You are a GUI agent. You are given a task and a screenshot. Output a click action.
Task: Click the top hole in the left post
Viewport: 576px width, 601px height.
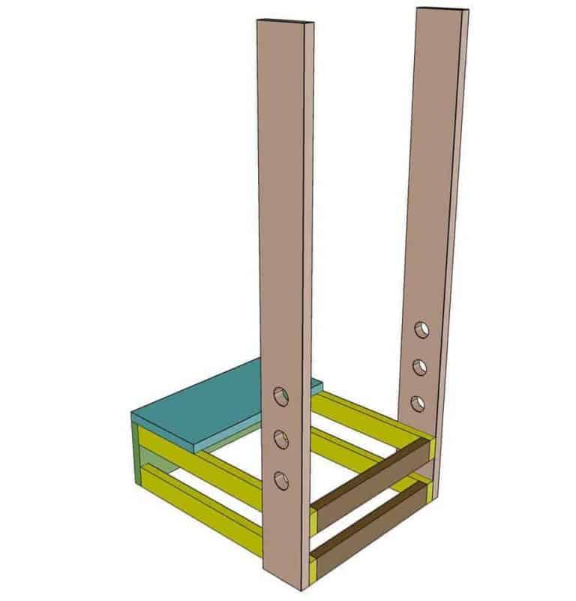coord(280,396)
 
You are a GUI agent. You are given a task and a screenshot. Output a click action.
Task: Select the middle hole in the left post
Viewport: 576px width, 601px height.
coord(281,439)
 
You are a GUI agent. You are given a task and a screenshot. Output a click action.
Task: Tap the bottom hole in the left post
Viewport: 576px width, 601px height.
coord(281,480)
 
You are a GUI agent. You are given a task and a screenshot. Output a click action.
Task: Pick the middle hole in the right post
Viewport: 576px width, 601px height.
coord(420,367)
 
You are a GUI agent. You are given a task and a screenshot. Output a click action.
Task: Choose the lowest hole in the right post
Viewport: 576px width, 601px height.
coord(418,404)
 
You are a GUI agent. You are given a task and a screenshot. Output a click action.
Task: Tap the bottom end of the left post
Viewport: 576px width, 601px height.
coord(286,590)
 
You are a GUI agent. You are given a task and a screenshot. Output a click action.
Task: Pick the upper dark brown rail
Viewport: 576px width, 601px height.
coord(371,472)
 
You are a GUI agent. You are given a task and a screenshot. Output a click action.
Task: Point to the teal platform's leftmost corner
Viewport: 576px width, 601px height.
coord(131,414)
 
